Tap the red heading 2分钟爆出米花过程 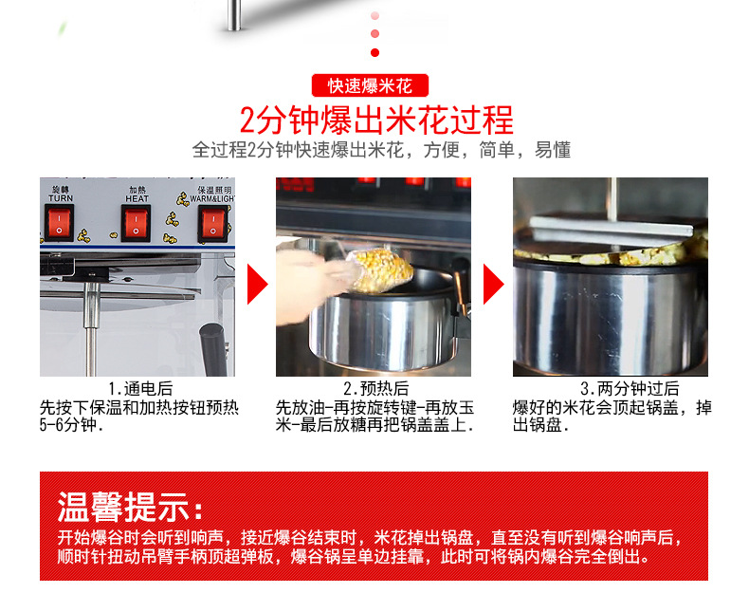pos(375,120)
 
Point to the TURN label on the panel pos(60,198)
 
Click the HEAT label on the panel pos(137,198)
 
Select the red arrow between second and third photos pos(493,284)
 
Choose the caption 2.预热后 pos(375,389)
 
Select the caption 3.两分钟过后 pos(630,389)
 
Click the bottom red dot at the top pos(374,52)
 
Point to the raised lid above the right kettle pos(616,228)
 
